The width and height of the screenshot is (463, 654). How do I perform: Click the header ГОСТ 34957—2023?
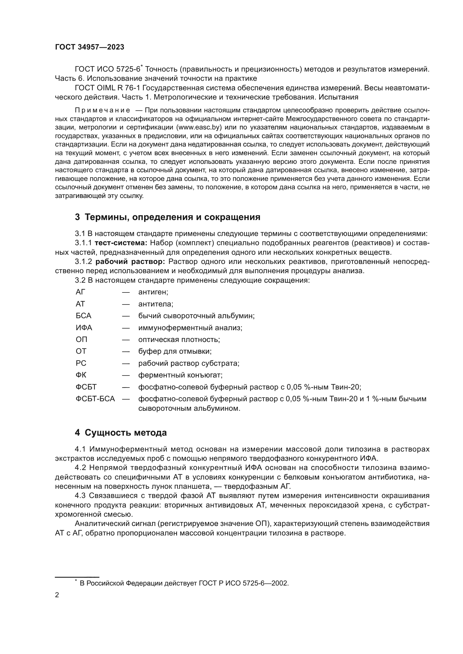pyautogui.click(x=90, y=47)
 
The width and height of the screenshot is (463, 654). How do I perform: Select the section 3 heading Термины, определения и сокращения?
pyautogui.click(x=167, y=217)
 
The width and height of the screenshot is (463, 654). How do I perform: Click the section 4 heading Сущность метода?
pyautogui.click(x=121, y=433)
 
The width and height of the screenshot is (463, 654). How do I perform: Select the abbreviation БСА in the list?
pyautogui.click(x=83, y=316)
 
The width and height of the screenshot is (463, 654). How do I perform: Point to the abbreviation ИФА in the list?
pyautogui.click(x=84, y=328)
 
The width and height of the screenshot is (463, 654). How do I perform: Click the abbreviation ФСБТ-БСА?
pyautogui.click(x=95, y=399)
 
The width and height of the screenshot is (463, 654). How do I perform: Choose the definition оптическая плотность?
pyautogui.click(x=179, y=339)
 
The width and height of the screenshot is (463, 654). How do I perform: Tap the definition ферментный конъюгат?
pyautogui.click(x=180, y=375)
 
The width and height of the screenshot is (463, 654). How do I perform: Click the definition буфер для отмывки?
pyautogui.click(x=175, y=351)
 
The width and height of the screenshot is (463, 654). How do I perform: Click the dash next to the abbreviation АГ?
pyautogui.click(x=126, y=292)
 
